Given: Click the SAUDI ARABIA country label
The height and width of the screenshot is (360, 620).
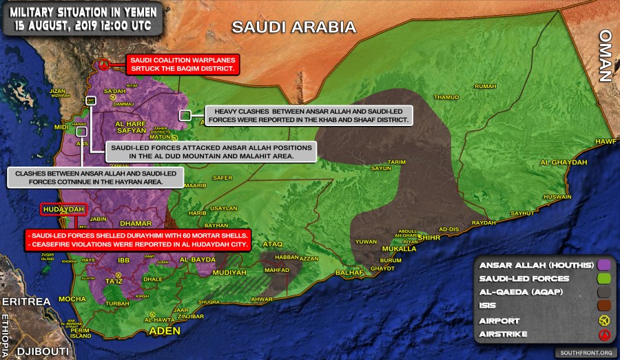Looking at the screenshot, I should (x=293, y=28).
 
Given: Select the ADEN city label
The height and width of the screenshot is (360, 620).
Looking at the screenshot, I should (x=165, y=331).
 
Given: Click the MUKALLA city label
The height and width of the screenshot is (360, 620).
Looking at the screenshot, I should (x=400, y=248).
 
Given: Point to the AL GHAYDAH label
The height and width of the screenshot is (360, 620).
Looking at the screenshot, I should (x=564, y=162).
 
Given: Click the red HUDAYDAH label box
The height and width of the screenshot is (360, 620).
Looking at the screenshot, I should (x=63, y=209).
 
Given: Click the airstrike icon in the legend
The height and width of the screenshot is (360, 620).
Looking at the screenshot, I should (x=604, y=335).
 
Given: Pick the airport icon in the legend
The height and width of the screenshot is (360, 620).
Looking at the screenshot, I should (x=604, y=321).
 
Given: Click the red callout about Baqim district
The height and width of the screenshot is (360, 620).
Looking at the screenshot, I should (x=182, y=65).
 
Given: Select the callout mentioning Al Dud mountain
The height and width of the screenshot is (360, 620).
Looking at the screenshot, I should (x=211, y=152).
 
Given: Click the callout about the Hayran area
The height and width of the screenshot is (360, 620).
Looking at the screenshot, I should (x=94, y=178).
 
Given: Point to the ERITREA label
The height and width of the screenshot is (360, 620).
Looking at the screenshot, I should (x=26, y=302).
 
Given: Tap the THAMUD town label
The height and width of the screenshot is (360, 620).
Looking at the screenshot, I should (x=446, y=97).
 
